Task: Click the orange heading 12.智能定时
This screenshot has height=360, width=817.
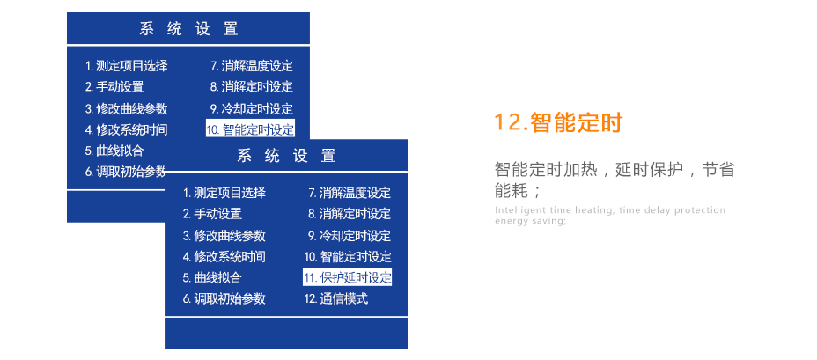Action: coord(558,123)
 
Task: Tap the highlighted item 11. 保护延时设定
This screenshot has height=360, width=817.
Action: coord(347,277)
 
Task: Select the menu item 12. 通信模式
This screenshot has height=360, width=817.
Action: coord(336,298)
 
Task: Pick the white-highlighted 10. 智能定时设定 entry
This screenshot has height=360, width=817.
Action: coord(250,129)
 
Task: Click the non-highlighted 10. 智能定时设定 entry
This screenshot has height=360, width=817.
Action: coord(348,256)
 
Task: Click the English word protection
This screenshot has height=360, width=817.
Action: coord(700,210)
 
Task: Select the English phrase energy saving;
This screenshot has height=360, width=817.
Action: coord(530,221)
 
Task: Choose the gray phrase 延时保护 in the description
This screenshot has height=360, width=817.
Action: coord(649,169)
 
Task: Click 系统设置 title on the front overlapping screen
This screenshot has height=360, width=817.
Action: coord(286,155)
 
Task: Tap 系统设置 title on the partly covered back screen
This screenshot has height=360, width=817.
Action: coord(188,28)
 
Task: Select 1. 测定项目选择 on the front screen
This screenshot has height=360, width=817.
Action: coord(224,193)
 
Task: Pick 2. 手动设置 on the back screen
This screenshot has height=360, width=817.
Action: coord(114,86)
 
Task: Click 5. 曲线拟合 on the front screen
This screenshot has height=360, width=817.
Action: coord(212,277)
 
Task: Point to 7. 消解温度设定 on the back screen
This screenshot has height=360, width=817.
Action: coord(252,66)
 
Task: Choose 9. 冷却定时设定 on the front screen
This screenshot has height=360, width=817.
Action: coord(350,236)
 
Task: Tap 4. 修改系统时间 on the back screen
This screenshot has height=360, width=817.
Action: coord(127,129)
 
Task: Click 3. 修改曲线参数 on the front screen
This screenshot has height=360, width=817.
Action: coord(224,236)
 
